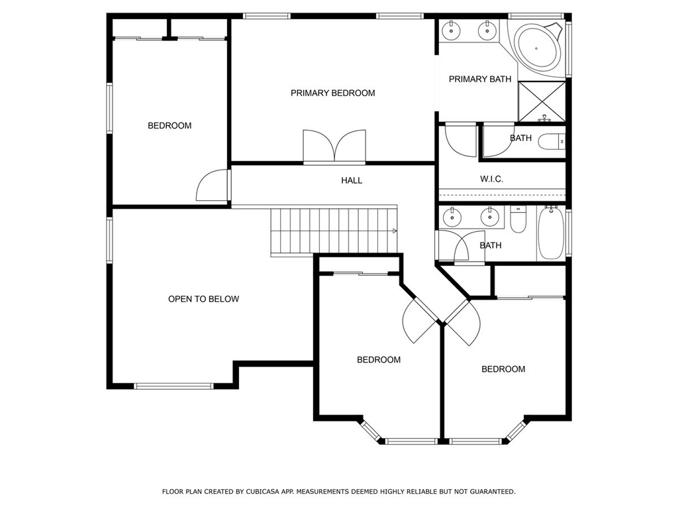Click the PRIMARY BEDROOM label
tap(332, 93)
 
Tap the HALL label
tap(352, 180)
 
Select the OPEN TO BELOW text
tap(203, 299)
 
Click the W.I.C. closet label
tap(491, 179)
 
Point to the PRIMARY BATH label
tap(480, 80)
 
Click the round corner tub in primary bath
tap(539, 48)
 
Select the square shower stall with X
tap(542, 101)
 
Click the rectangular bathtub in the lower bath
tap(552, 233)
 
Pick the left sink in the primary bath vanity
tap(452, 30)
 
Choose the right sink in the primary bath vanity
tap(487, 30)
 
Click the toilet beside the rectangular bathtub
tap(518, 219)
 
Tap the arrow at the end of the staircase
tap(395, 231)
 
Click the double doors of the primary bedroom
tap(334, 146)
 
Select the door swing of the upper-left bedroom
tap(212, 185)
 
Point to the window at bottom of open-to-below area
tap(173, 386)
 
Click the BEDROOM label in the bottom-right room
tap(503, 369)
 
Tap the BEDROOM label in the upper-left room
tap(169, 126)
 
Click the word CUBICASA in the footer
tap(262, 492)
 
